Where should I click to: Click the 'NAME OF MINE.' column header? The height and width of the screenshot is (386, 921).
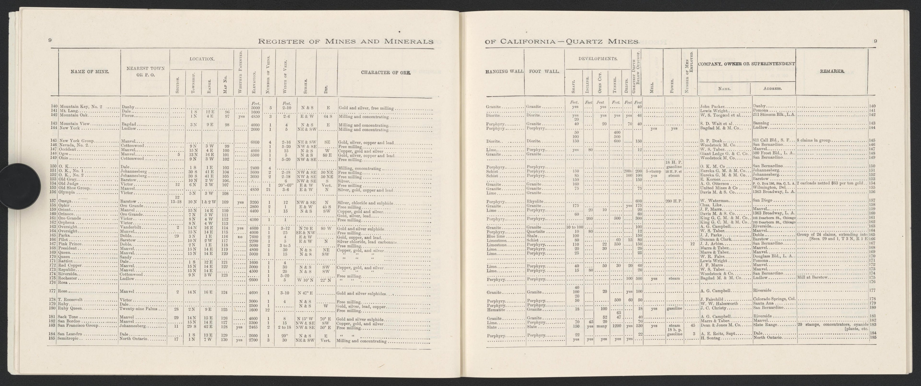coord(89,71)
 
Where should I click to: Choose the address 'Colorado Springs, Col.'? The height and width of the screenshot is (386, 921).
coord(774,299)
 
